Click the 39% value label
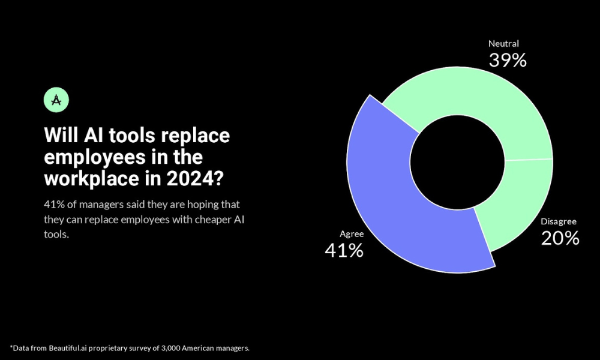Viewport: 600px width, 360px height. point(507,60)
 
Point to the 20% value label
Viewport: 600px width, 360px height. point(560,238)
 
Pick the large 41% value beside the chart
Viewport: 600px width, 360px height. point(344,250)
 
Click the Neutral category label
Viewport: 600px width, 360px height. point(503,44)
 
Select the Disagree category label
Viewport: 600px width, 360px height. point(559,221)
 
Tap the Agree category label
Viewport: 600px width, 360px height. point(352,234)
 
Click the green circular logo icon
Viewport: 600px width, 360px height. point(56,100)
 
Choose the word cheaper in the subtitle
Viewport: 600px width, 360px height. point(209,220)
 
